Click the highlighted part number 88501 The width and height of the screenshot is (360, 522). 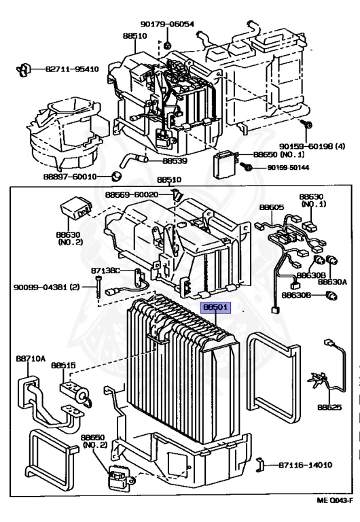click(216, 307)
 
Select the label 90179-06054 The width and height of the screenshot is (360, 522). click(167, 24)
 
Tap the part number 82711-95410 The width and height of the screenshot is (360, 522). click(72, 69)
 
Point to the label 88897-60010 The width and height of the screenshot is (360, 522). click(70, 177)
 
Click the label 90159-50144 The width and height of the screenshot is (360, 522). click(288, 167)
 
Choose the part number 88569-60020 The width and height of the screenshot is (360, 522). click(132, 194)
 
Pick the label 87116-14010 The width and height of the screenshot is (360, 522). click(305, 465)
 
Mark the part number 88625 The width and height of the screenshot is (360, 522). click(329, 407)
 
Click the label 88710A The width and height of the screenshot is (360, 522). click(31, 358)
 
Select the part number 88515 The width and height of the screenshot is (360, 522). click(63, 365)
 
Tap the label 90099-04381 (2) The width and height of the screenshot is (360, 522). click(47, 287)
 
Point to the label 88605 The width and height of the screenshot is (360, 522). click(272, 207)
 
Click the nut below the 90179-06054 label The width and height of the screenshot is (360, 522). click(168, 44)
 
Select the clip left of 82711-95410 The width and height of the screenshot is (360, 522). click(24, 69)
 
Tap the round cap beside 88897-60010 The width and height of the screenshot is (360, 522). click(116, 176)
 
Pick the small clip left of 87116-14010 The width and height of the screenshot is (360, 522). click(260, 465)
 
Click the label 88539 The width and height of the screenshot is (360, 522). click(175, 161)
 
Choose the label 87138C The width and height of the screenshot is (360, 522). click(105, 271)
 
